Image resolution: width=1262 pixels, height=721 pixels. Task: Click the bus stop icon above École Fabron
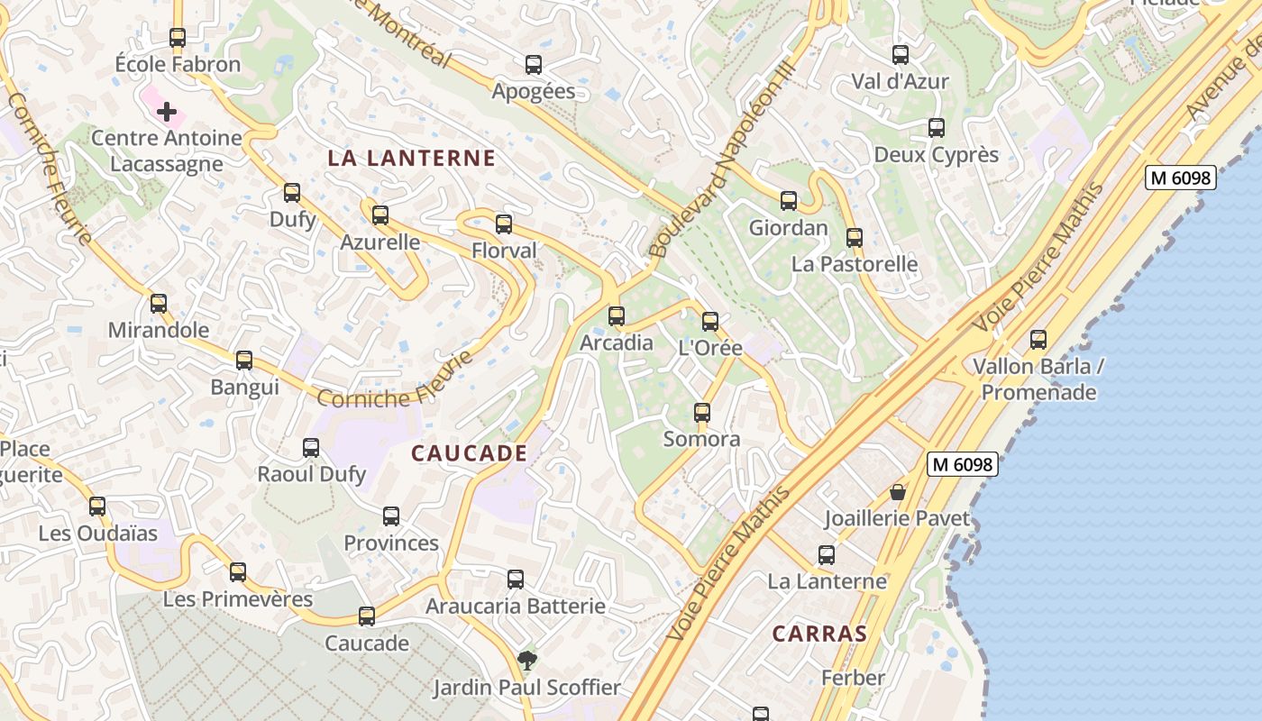pyautogui.click(x=178, y=38)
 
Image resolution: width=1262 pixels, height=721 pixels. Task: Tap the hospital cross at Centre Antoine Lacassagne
pyautogui.click(x=167, y=112)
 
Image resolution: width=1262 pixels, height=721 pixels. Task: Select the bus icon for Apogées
pyautogui.click(x=534, y=65)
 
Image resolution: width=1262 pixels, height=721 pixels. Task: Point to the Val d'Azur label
pyautogui.click(x=900, y=81)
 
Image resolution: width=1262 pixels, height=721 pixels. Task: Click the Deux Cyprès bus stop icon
pyautogui.click(x=937, y=128)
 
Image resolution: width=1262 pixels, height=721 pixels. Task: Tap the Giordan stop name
pyautogui.click(x=788, y=228)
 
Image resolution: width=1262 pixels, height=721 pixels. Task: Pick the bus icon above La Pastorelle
pyautogui.click(x=855, y=238)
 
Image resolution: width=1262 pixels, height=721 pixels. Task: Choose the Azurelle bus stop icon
pyautogui.click(x=380, y=215)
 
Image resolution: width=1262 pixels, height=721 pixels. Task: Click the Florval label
pyautogui.click(x=504, y=251)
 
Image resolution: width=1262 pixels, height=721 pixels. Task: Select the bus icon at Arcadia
pyautogui.click(x=617, y=316)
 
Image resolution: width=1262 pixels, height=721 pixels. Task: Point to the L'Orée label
pyautogui.click(x=710, y=348)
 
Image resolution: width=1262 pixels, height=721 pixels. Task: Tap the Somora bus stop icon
pyautogui.click(x=702, y=413)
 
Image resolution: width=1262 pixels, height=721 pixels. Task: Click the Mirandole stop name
pyautogui.click(x=159, y=330)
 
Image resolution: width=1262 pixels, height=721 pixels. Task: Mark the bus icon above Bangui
pyautogui.click(x=244, y=360)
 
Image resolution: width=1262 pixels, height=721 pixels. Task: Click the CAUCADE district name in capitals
pyautogui.click(x=469, y=452)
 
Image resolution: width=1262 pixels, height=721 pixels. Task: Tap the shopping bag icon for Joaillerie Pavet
pyautogui.click(x=898, y=492)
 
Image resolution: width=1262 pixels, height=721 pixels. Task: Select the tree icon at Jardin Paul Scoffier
pyautogui.click(x=527, y=662)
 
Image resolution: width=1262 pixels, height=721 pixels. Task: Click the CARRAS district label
pyautogui.click(x=819, y=634)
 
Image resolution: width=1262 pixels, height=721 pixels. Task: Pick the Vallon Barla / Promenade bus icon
pyautogui.click(x=1038, y=340)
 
